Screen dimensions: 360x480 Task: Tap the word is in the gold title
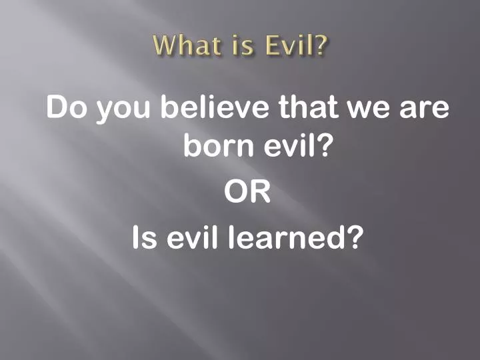pyautogui.click(x=241, y=46)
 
